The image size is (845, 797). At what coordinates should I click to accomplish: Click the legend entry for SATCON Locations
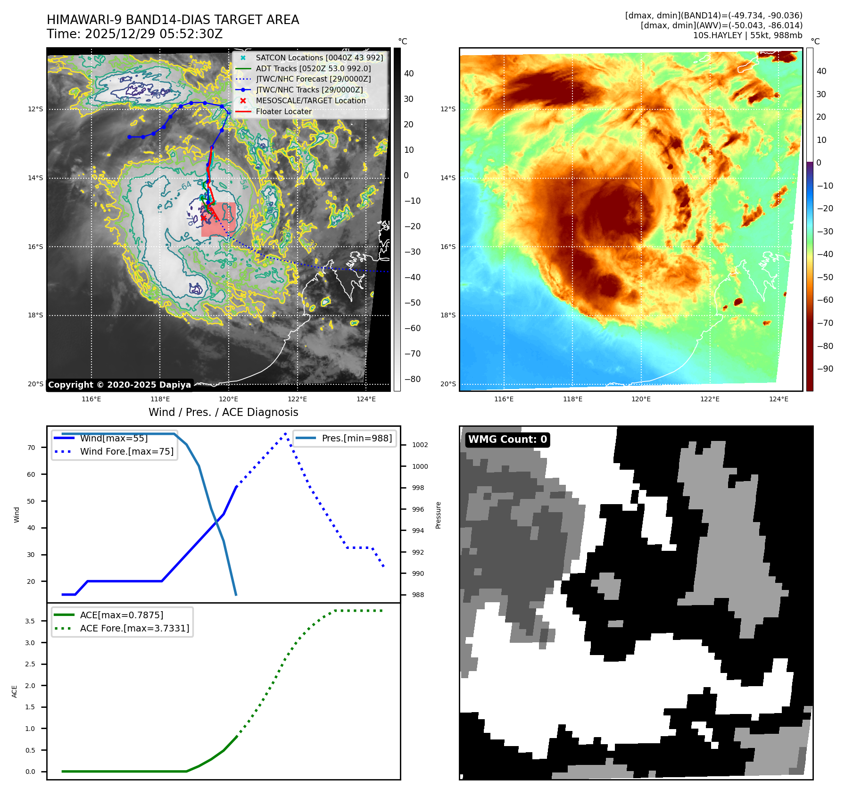pyautogui.click(x=319, y=58)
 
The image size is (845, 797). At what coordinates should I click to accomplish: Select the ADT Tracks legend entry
pyautogui.click(x=313, y=68)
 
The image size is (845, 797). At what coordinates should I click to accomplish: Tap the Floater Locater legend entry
pyautogui.click(x=283, y=111)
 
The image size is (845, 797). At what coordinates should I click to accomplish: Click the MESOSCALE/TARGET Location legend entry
pyautogui.click(x=310, y=100)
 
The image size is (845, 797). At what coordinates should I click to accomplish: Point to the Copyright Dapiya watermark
pyautogui.click(x=119, y=385)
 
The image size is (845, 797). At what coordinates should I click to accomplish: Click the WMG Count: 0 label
pyautogui.click(x=507, y=440)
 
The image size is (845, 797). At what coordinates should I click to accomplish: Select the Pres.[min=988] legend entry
pyautogui.click(x=356, y=438)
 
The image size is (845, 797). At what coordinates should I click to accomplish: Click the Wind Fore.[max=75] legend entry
pyautogui.click(x=126, y=451)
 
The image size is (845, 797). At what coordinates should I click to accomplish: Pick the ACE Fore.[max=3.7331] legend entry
pyautogui.click(x=134, y=628)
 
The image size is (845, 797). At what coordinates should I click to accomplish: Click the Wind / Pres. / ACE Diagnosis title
pyautogui.click(x=223, y=412)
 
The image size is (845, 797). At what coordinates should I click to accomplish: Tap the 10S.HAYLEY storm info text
pyautogui.click(x=747, y=35)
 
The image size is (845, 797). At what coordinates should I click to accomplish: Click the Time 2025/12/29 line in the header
pyautogui.click(x=134, y=34)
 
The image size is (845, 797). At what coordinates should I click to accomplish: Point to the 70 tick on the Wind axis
pyautogui.click(x=31, y=448)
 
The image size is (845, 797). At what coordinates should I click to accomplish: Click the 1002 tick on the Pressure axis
pyautogui.click(x=420, y=445)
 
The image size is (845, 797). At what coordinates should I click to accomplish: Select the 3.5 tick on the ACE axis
pyautogui.click(x=30, y=621)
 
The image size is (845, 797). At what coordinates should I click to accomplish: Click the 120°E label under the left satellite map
pyautogui.click(x=228, y=399)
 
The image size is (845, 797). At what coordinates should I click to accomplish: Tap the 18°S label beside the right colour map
pyautogui.click(x=447, y=315)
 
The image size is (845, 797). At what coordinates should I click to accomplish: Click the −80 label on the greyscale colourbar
pyautogui.click(x=412, y=379)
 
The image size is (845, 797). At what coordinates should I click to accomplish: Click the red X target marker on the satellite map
pyautogui.click(x=203, y=218)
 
